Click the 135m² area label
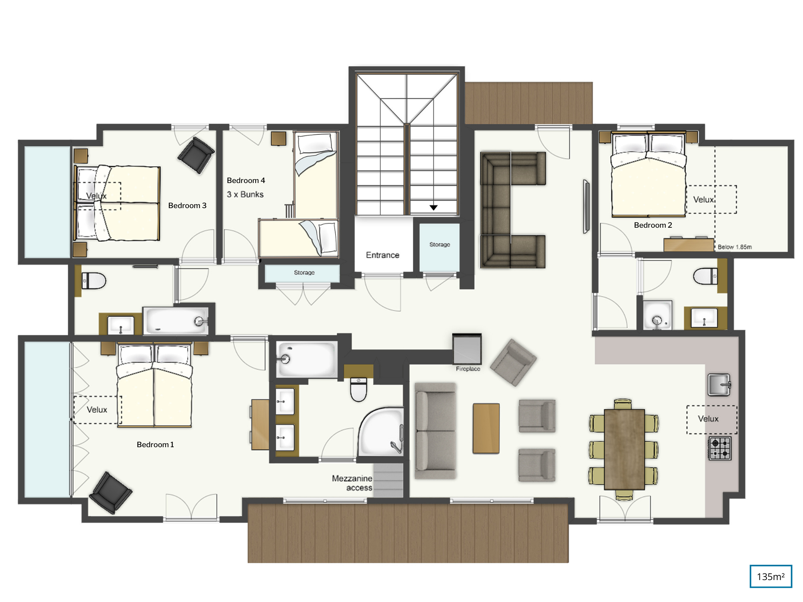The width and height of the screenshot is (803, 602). [770, 577]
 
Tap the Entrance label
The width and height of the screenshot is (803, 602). [382, 255]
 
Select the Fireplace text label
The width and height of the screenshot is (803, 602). [468, 369]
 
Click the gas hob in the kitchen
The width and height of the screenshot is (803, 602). [720, 448]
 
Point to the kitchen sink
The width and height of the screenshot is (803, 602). [719, 384]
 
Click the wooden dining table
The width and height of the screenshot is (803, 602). [624, 450]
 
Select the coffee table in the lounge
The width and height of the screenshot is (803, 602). [486, 428]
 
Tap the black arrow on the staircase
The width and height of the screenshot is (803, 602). [433, 207]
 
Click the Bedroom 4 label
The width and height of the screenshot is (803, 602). [246, 180]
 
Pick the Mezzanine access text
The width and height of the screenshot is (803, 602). [352, 483]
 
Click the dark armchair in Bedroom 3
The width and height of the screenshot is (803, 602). [196, 155]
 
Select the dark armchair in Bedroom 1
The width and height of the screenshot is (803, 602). [111, 493]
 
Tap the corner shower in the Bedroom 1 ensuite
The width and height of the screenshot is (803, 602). [381, 431]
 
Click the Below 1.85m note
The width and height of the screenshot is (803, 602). [735, 247]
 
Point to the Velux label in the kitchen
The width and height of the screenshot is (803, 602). [708, 419]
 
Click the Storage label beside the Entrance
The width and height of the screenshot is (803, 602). [440, 245]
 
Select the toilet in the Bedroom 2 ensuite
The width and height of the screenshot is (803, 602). [705, 276]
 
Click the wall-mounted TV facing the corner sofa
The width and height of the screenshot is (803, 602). [586, 207]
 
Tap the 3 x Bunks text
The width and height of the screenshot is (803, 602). [245, 194]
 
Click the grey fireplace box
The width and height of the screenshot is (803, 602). [467, 348]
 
